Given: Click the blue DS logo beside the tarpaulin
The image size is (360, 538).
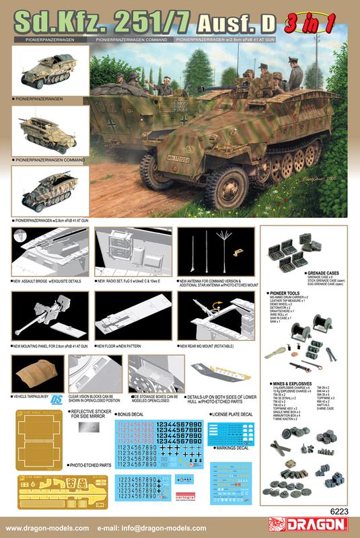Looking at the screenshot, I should point(57,397).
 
